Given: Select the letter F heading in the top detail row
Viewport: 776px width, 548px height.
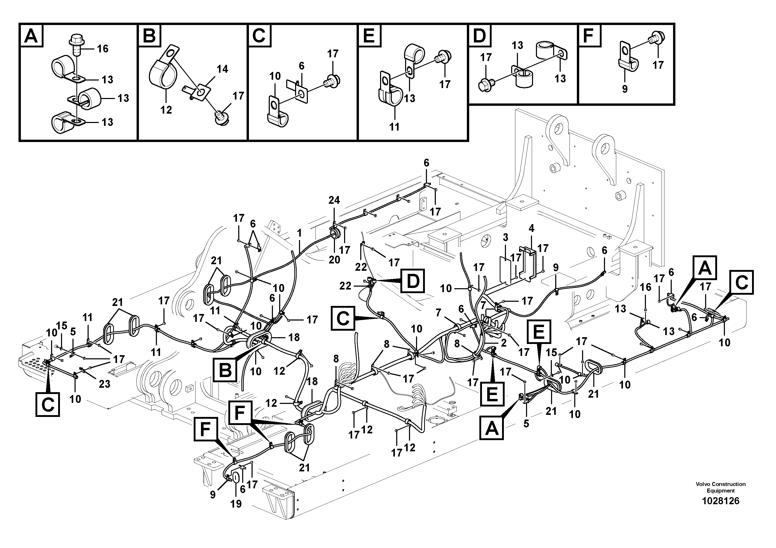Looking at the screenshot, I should click(x=589, y=35).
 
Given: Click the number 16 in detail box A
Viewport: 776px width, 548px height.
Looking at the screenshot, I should click(x=102, y=49).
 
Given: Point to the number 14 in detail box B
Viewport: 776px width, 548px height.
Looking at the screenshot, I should click(x=222, y=69).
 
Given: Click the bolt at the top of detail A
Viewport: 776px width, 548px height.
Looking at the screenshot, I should click(x=75, y=42).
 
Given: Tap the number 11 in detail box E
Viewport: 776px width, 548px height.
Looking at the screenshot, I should click(x=394, y=127).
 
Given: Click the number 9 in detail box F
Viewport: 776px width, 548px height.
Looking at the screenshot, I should click(x=625, y=89).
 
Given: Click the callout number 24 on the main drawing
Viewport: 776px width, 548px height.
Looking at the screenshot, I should click(x=334, y=200).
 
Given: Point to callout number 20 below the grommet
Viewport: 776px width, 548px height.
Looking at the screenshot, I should click(x=334, y=260).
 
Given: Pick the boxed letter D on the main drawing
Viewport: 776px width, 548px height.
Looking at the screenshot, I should click(x=412, y=280).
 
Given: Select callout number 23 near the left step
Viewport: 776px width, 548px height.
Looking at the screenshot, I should click(x=105, y=384).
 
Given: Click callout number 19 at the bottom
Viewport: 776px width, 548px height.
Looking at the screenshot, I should click(x=236, y=504).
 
